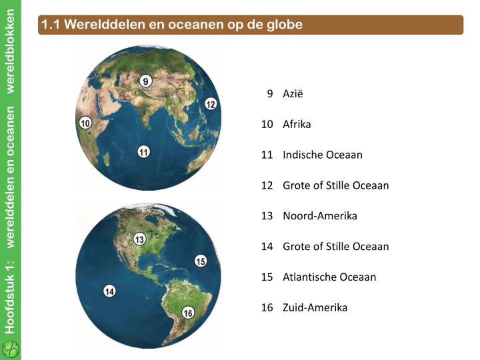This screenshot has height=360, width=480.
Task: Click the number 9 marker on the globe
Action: pos(146,81)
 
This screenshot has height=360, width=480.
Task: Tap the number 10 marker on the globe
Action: pos(85,123)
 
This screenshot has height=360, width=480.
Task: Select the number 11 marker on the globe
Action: pos(143,152)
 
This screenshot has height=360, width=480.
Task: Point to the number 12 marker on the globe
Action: pos(211,103)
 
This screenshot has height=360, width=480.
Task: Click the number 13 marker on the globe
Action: pos(139,239)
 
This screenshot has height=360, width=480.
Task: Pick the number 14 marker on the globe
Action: pos(110,291)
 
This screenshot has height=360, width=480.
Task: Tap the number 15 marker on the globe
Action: pos(201,261)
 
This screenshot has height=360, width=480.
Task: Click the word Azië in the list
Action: pos(293,93)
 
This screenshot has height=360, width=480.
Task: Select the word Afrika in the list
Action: pos(297,124)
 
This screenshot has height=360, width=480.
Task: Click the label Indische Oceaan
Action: pos(323,155)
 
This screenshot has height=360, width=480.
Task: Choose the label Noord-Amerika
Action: pos(320,216)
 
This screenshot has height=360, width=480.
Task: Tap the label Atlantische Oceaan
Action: pos(329,277)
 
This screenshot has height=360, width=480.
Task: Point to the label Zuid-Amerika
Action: pos(315,307)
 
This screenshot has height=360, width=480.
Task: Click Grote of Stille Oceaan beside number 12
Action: pos(336,185)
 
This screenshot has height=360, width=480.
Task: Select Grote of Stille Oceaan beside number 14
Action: pos(336,247)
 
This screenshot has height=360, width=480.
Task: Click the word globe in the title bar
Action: pos(286,25)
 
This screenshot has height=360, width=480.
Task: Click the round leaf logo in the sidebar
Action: pos(11,349)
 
